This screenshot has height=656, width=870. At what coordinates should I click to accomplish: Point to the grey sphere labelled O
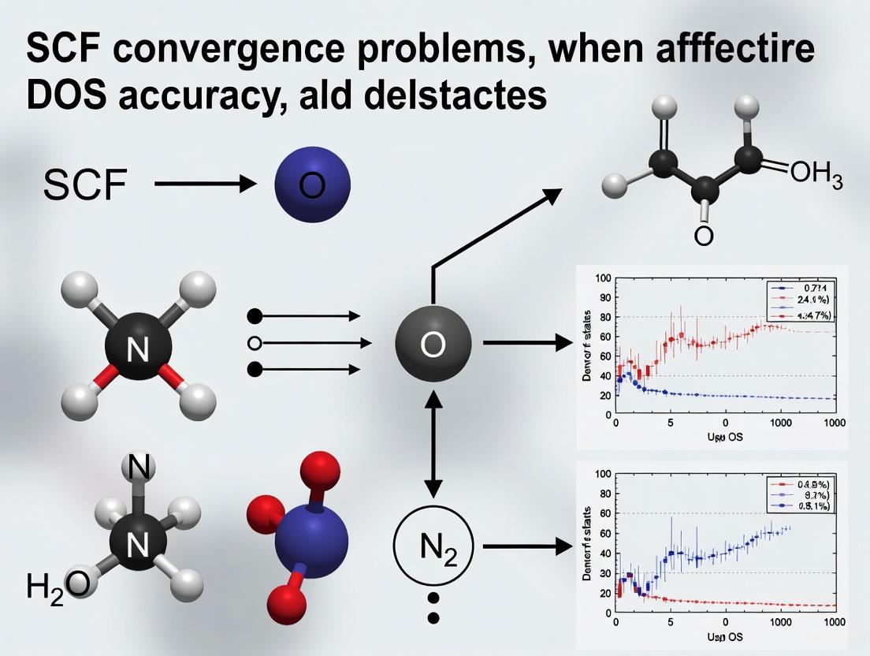(433, 344)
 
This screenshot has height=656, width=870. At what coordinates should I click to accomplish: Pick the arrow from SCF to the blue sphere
(206, 185)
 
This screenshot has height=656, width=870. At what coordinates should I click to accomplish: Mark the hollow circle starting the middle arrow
(254, 343)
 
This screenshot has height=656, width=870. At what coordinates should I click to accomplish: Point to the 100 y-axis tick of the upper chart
(603, 278)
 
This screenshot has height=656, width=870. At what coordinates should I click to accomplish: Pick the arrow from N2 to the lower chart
(526, 546)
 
